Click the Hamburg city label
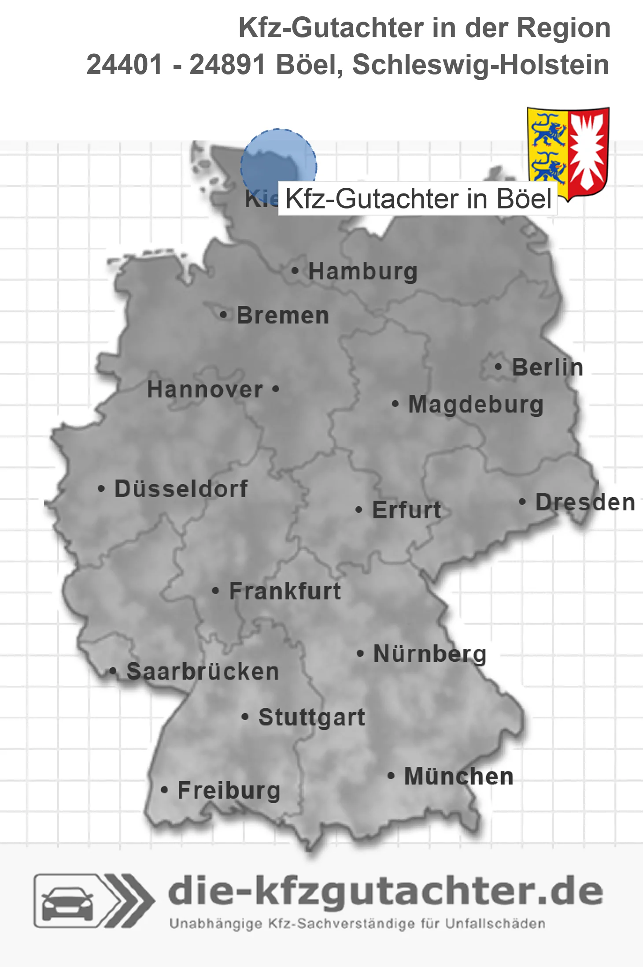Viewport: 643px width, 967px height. (362, 271)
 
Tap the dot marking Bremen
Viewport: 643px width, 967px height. (224, 315)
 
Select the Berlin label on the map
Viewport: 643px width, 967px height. (547, 367)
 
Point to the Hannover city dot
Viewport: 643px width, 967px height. (276, 389)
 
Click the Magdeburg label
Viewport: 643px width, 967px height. (476, 404)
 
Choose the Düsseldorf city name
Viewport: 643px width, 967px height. (181, 489)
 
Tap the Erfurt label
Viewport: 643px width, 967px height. (406, 510)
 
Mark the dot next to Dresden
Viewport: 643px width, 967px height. (522, 502)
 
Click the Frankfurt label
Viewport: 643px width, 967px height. (285, 591)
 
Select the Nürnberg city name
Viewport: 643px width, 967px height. (430, 654)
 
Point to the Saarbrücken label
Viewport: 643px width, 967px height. (203, 672)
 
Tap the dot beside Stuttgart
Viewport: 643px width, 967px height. (245, 717)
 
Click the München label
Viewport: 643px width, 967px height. (459, 776)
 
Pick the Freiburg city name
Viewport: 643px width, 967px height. (229, 790)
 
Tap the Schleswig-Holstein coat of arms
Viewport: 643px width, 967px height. (568, 152)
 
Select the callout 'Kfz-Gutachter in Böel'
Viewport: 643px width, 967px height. (418, 199)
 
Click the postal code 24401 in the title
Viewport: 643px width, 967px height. (125, 65)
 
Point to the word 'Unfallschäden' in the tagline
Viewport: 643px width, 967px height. (495, 924)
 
